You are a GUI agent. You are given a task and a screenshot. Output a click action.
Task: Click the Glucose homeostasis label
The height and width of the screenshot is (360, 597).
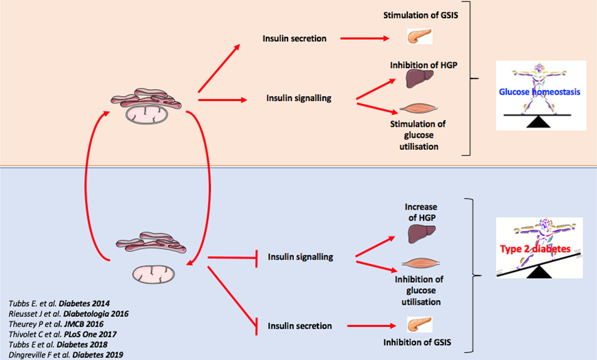(540, 92)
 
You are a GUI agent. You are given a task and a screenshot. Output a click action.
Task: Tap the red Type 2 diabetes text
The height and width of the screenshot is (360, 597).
(535, 249)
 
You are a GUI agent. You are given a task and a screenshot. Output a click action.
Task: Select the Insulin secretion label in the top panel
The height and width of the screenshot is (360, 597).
(294, 39)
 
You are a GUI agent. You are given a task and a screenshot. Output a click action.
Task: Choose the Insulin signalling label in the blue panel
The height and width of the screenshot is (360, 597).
(299, 256)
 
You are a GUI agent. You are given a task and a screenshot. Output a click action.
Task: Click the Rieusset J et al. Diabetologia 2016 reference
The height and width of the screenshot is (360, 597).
(68, 313)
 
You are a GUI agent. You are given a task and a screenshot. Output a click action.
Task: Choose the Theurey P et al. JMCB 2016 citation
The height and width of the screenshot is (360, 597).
(58, 323)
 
